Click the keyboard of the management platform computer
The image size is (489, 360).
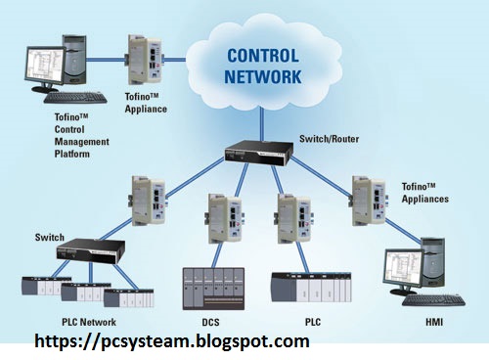point(70,97)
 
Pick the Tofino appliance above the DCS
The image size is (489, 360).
point(220,219)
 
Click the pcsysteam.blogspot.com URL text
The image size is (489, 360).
point(172,342)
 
